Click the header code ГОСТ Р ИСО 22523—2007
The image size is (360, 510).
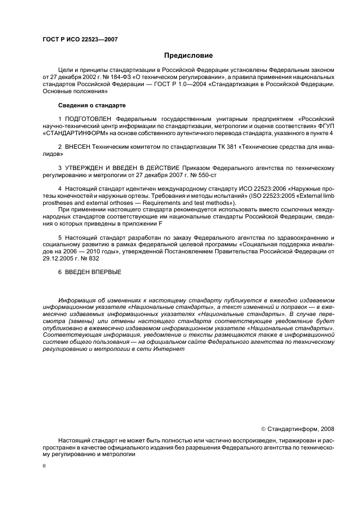(80, 40)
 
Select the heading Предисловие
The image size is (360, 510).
(189, 56)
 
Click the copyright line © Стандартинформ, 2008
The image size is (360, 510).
(298, 429)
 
